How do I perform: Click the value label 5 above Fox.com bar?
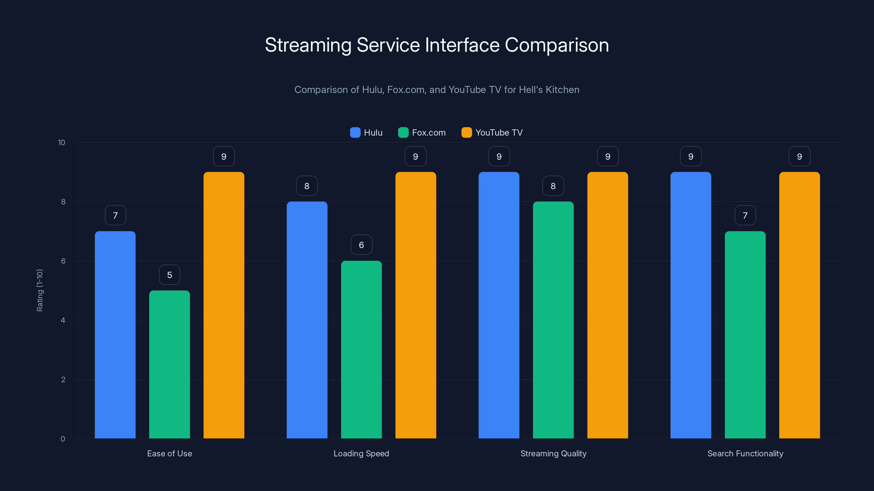click(169, 275)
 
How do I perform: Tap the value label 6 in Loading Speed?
click(361, 245)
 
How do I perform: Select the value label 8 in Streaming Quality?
click(553, 186)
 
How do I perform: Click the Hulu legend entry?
click(367, 133)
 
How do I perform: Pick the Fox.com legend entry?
click(422, 133)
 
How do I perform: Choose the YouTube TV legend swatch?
click(466, 133)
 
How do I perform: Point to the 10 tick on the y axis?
click(61, 143)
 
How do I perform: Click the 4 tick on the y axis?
click(63, 320)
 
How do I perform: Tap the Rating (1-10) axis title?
click(40, 291)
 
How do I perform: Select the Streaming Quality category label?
click(553, 453)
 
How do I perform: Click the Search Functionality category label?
click(745, 453)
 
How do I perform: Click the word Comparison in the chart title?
click(557, 45)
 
